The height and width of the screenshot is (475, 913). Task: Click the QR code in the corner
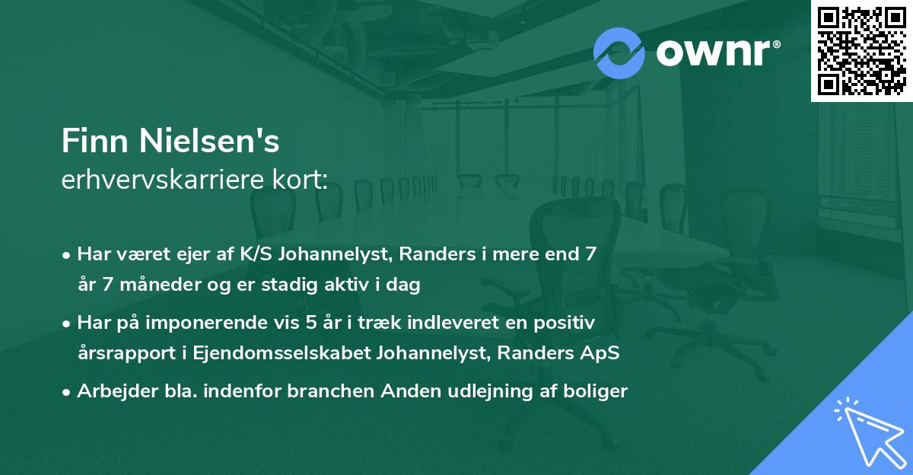[x=861, y=50]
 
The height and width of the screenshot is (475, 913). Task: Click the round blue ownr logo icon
[x=619, y=53]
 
